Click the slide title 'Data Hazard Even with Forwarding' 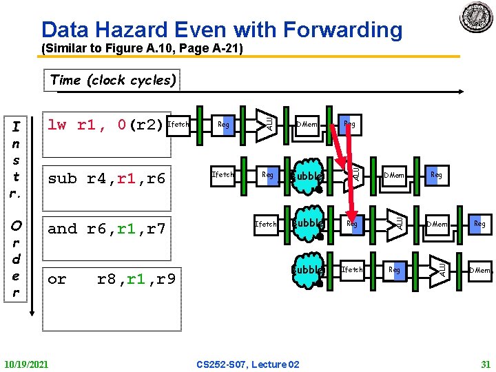(221, 30)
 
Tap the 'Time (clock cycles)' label (112, 80)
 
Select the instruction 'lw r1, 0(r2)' (105, 125)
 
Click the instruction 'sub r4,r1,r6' (107, 178)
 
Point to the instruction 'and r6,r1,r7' (107, 229)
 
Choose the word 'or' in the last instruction (57, 279)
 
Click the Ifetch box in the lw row (178, 125)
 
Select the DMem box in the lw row (307, 125)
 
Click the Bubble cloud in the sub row (307, 176)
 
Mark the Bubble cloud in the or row (307, 270)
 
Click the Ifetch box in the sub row (223, 175)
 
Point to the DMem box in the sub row (395, 175)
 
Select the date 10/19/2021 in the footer (26, 363)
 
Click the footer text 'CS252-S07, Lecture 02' (248, 363)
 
